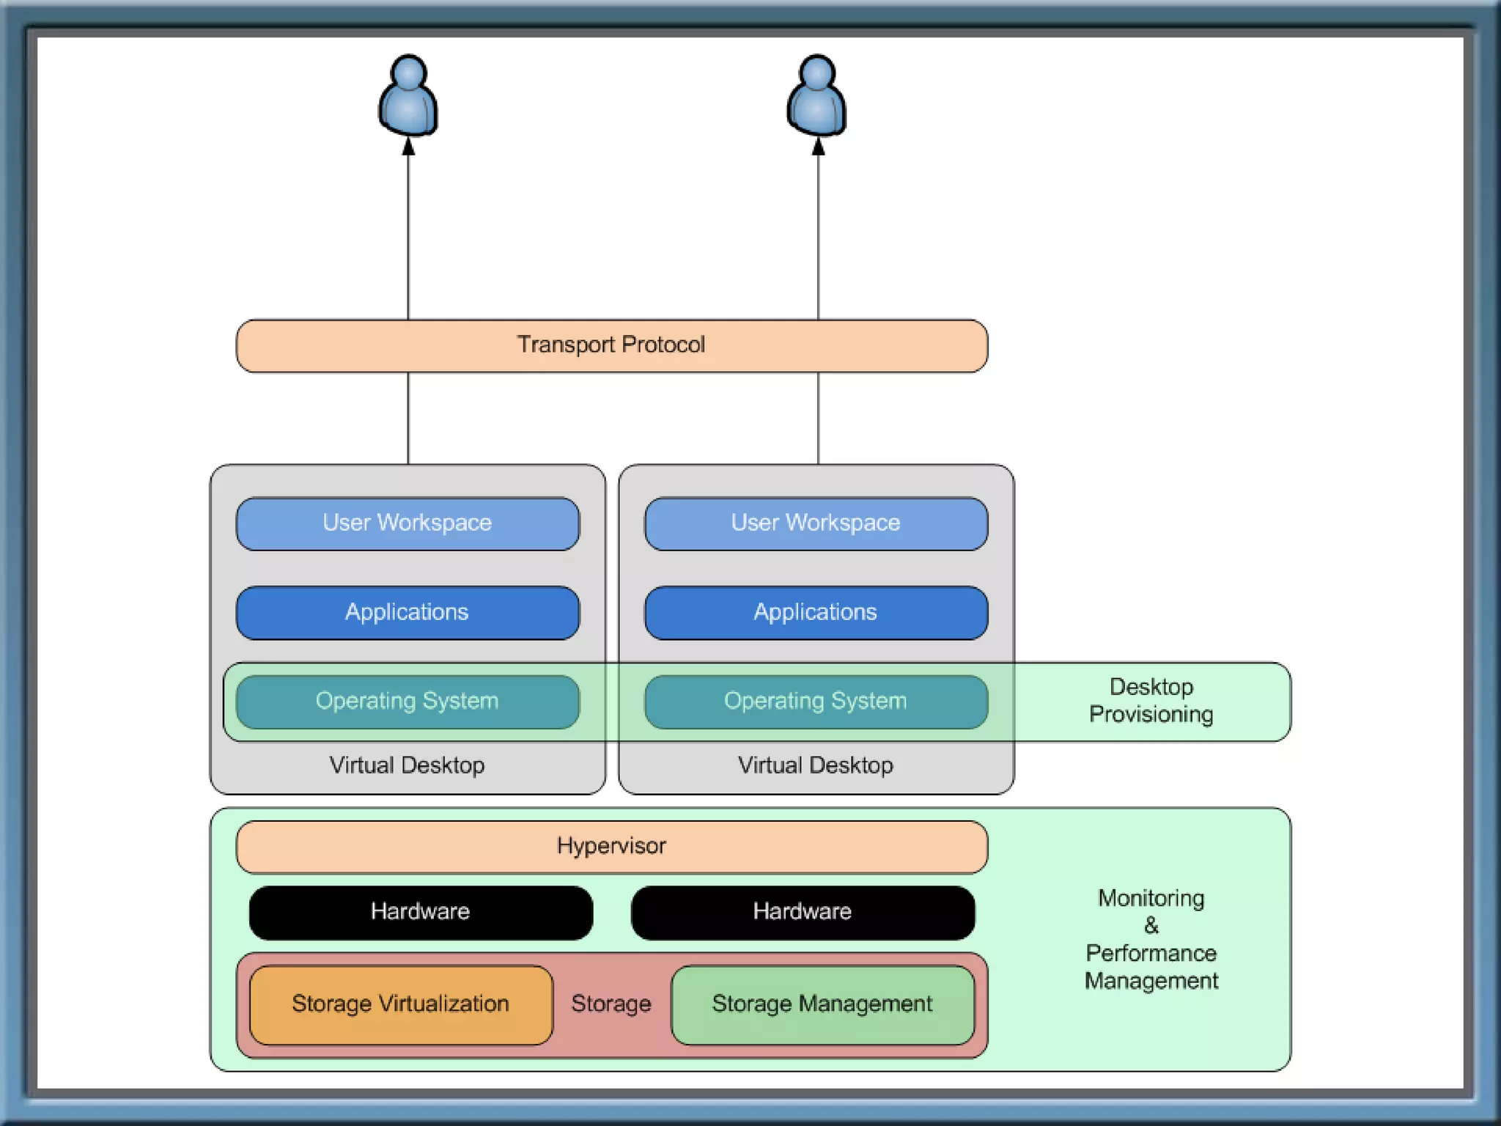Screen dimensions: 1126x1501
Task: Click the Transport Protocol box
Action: [611, 345]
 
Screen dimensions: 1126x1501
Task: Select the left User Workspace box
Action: [407, 523]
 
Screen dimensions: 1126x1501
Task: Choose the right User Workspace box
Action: [816, 523]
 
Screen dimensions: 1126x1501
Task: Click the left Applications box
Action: [407, 612]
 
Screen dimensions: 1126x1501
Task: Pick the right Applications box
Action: [816, 612]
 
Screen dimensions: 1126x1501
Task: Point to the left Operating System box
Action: [407, 702]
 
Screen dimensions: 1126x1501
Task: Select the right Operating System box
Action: [816, 702]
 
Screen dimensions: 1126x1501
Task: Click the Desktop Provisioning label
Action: [1151, 701]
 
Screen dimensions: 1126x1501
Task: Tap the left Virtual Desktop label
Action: [407, 765]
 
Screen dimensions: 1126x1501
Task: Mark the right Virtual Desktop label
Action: [816, 765]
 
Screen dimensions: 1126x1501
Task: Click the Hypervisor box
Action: [611, 847]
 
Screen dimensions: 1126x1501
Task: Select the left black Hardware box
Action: [421, 912]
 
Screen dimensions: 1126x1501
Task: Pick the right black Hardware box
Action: [803, 912]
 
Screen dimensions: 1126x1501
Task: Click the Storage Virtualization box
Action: [401, 1004]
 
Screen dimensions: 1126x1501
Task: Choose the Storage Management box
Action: [822, 1004]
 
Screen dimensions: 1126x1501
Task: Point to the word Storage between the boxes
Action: [611, 1004]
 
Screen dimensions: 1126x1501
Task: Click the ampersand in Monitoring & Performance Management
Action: [1151, 926]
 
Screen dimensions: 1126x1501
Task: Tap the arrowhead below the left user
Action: [408, 147]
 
